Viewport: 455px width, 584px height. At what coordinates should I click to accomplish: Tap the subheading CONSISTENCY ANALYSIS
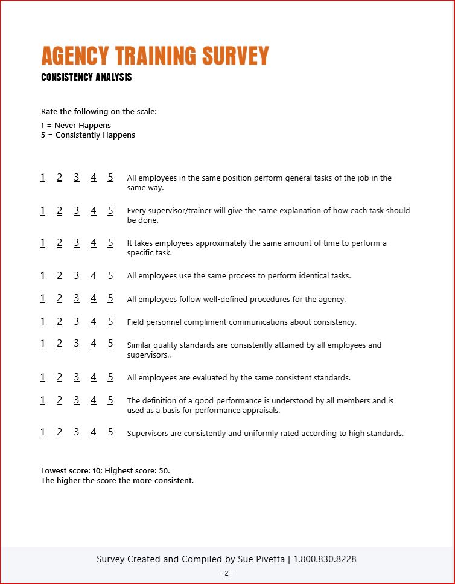(x=86, y=77)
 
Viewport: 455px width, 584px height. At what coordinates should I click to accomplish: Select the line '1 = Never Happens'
(x=76, y=126)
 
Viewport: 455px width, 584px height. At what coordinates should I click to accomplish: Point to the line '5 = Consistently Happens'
(x=88, y=135)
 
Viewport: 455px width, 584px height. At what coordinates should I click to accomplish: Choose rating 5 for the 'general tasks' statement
(x=110, y=178)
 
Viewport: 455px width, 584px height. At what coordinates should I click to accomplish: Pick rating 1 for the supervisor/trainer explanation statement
(x=43, y=210)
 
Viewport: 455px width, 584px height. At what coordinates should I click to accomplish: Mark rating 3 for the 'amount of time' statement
(x=77, y=243)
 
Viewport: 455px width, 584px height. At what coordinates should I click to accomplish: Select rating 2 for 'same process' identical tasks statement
(x=60, y=275)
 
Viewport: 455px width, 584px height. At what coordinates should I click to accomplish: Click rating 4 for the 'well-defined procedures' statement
(x=94, y=298)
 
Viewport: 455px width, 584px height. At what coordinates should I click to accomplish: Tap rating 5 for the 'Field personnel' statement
(x=110, y=321)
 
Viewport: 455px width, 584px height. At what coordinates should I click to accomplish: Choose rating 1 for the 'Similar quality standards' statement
(x=43, y=344)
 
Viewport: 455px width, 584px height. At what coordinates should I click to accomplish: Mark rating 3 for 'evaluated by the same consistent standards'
(x=77, y=377)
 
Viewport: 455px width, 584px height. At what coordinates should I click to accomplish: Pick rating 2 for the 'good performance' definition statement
(x=60, y=400)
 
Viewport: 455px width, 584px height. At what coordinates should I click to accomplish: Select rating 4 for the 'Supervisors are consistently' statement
(x=94, y=432)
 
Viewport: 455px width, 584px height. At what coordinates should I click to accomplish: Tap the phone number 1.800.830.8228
(x=325, y=559)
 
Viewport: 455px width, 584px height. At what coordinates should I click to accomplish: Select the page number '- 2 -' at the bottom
(x=227, y=573)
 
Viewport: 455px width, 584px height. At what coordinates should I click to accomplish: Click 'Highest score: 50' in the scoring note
(x=141, y=470)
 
